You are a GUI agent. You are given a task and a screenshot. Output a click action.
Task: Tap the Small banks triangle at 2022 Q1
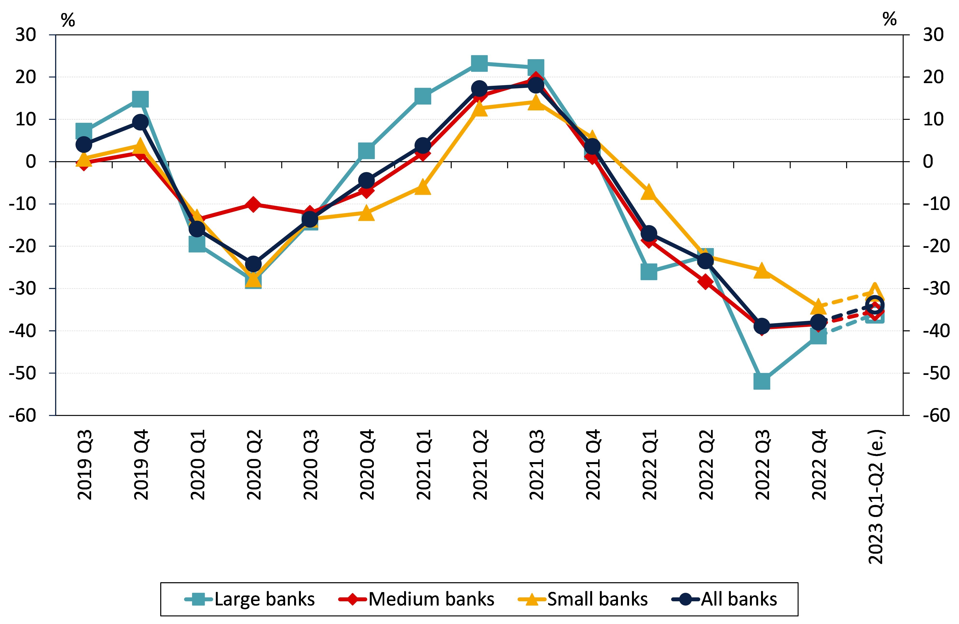coord(649,192)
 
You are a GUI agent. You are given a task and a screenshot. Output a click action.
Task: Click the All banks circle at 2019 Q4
coord(140,122)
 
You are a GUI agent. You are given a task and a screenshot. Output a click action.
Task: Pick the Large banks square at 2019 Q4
coord(140,99)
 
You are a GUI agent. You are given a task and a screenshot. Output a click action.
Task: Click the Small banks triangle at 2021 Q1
coord(423,187)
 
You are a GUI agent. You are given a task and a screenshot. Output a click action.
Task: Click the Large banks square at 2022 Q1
coord(649,272)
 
